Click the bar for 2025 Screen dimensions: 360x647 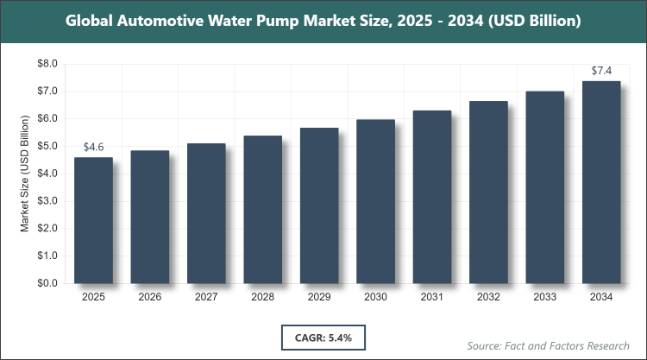pyautogui.click(x=93, y=220)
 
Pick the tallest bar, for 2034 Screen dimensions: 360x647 pyautogui.click(x=602, y=182)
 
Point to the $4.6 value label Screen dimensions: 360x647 pyautogui.click(x=93, y=148)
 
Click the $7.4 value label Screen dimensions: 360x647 pyautogui.click(x=602, y=69)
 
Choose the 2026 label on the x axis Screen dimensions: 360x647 pyautogui.click(x=150, y=297)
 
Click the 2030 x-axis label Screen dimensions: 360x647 pyautogui.click(x=376, y=297)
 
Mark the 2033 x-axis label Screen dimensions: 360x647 pyautogui.click(x=546, y=297)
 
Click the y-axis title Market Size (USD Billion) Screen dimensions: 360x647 pyautogui.click(x=26, y=174)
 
